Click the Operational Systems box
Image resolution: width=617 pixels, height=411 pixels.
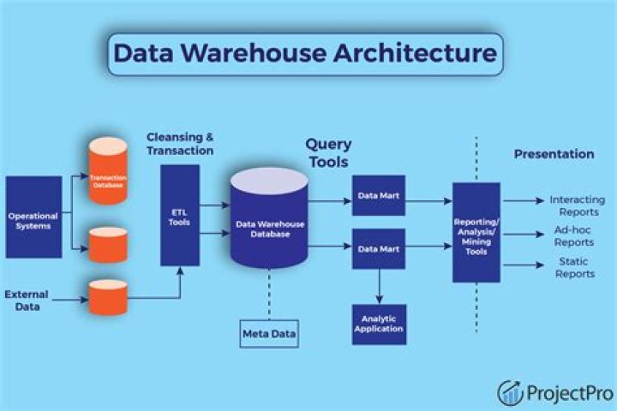(x=34, y=217)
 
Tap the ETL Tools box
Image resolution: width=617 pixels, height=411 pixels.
(x=180, y=215)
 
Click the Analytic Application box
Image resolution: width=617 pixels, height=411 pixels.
(x=377, y=323)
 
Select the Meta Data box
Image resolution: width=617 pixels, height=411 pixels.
(x=268, y=333)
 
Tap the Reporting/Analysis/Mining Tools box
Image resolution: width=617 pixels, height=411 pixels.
(x=476, y=232)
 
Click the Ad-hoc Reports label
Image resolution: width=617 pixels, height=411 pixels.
(x=574, y=237)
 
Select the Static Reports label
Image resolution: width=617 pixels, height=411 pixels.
(x=574, y=268)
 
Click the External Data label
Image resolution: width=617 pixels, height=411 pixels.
(x=27, y=300)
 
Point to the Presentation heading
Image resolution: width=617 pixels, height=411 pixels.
(x=554, y=154)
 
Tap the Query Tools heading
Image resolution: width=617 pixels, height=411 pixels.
(x=328, y=152)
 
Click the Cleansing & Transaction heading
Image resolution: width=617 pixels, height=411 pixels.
(x=180, y=144)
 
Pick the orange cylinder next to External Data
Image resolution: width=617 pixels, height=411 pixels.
(x=109, y=295)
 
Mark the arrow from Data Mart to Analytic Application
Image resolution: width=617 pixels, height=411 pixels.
(x=377, y=285)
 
